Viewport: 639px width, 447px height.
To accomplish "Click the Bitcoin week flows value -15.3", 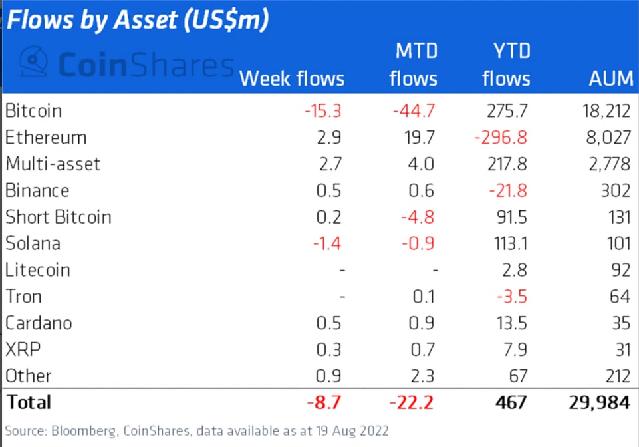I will coord(322,110).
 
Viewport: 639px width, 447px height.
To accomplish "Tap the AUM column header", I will coord(610,78).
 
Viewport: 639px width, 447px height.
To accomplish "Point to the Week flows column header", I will coord(292,78).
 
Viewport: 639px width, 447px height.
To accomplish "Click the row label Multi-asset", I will coord(53,164).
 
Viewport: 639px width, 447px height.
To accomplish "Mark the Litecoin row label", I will coord(37,270).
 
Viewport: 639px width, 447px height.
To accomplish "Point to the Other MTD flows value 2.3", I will coord(421,376).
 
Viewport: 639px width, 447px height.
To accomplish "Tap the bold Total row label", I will coord(28,402).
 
